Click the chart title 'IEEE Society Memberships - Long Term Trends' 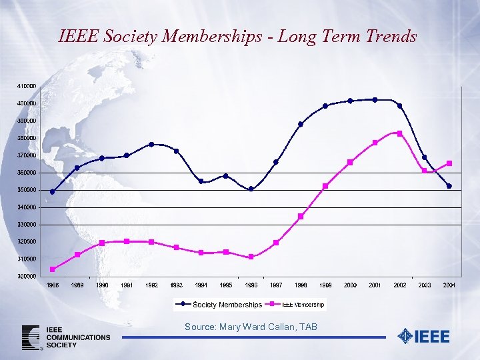click(x=237, y=36)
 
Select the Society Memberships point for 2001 click(x=375, y=100)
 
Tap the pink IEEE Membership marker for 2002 click(x=400, y=133)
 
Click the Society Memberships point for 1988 click(x=53, y=192)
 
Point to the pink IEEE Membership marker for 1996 click(x=251, y=257)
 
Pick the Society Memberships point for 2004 click(x=449, y=186)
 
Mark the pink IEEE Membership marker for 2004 click(x=449, y=163)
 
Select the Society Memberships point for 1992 click(x=151, y=144)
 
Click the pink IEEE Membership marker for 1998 click(x=301, y=216)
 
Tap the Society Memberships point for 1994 click(x=201, y=181)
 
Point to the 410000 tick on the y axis click(x=27, y=87)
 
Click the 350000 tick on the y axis click(x=27, y=190)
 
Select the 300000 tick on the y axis click(x=27, y=276)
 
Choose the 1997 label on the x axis click(x=275, y=285)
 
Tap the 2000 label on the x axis click(x=350, y=285)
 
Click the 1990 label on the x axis click(x=102, y=285)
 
